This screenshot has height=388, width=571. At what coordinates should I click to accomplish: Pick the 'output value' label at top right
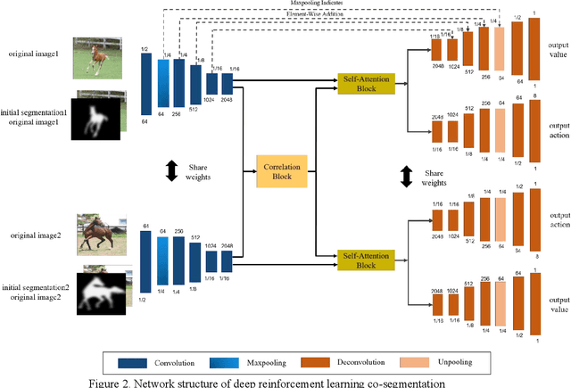[558, 50]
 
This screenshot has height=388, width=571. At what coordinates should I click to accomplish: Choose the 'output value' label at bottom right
[558, 303]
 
